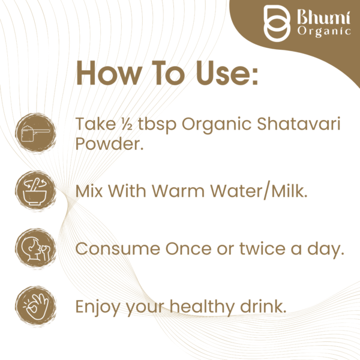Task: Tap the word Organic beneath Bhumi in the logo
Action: pyautogui.click(x=324, y=31)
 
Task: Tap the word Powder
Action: pyautogui.click(x=109, y=145)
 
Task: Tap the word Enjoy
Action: pyautogui.click(x=97, y=306)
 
